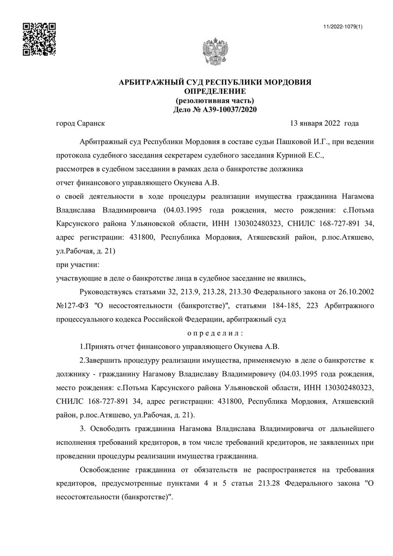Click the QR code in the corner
tap(38, 39)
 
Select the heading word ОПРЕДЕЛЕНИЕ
tap(215, 91)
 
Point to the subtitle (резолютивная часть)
tap(215, 100)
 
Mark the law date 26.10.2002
tap(357, 292)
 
